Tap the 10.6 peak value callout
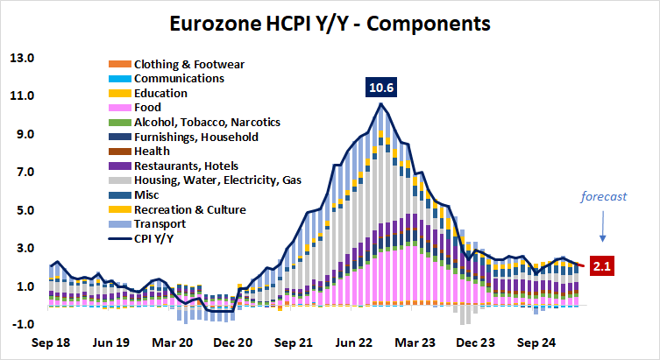coord(380,88)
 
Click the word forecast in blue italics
coord(605,197)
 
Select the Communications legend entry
coord(179,78)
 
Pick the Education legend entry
coord(160,93)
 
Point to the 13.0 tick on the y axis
coord(21,58)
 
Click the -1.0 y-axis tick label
coord(21,324)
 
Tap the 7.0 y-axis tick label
coord(21,173)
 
